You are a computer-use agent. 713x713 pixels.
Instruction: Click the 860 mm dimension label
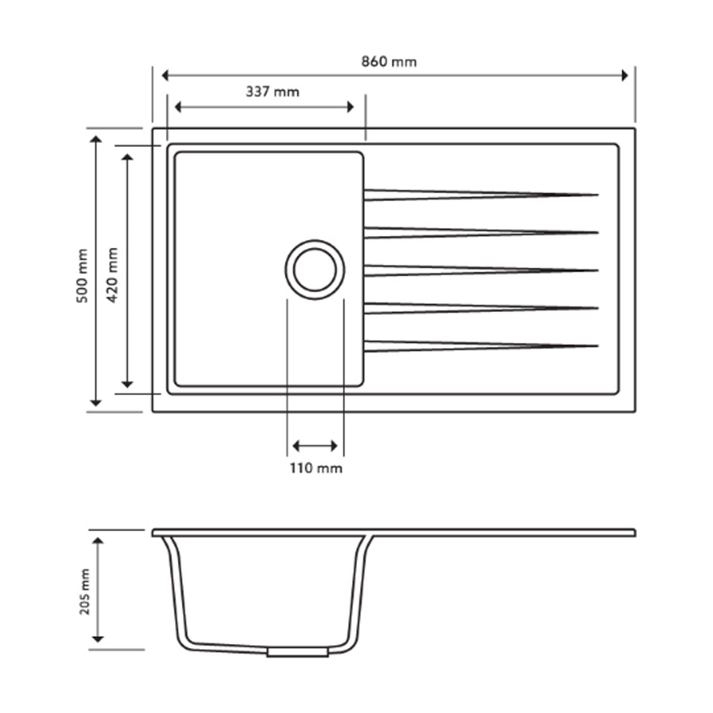pos(389,61)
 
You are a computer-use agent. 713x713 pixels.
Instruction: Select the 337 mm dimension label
pos(272,92)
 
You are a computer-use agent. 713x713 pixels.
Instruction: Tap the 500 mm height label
pos(82,276)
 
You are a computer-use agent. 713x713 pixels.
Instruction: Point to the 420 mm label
pos(112,275)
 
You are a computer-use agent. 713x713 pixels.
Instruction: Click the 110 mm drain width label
pos(316,468)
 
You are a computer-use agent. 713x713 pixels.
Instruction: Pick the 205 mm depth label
pos(84,591)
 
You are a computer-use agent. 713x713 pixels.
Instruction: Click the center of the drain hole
pos(315,270)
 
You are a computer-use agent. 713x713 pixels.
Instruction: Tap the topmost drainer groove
pos(481,195)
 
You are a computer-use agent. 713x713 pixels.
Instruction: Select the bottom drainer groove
pos(481,346)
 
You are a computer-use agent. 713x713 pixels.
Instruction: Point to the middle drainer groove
pos(481,270)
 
